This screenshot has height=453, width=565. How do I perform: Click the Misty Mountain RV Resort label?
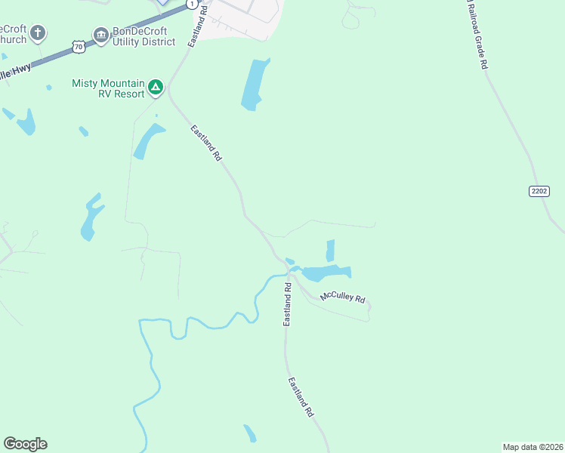coord(107,88)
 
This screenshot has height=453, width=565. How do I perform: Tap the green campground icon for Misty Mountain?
coord(155,88)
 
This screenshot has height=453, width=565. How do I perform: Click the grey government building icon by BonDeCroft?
coord(100,35)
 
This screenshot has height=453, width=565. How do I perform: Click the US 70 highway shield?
coord(79,47)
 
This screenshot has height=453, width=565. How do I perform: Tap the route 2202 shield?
coord(539,192)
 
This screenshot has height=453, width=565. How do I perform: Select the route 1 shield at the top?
coord(193,5)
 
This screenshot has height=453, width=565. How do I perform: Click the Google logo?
coord(25,444)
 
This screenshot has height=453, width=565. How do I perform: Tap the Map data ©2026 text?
coord(533,447)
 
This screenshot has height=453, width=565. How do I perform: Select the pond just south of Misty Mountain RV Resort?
coord(149,141)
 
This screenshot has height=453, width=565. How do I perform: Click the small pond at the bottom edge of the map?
coord(250,433)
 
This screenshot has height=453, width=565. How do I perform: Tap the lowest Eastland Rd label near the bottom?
coord(300,398)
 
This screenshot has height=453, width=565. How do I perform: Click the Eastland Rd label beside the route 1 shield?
coord(198,27)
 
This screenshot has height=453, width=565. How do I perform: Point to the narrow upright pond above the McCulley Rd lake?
coord(330,251)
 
